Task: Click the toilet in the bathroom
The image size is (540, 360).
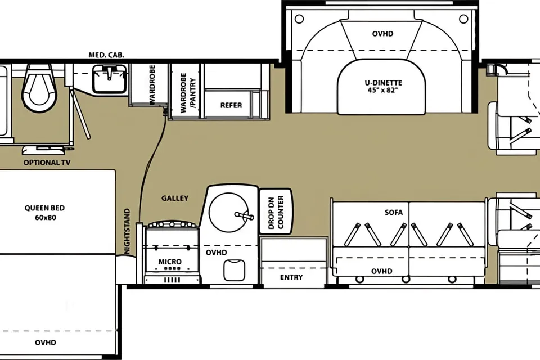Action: [39, 87]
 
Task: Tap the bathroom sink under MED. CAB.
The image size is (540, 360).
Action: [109, 79]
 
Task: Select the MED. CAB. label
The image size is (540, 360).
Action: [106, 55]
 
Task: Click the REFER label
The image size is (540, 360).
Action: [231, 105]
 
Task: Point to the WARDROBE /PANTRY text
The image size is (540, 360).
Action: [188, 93]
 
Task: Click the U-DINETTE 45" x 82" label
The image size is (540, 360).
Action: [383, 87]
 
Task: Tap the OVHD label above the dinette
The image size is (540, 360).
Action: [382, 34]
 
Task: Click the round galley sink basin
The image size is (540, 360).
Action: [228, 212]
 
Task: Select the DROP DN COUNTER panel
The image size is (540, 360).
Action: [276, 211]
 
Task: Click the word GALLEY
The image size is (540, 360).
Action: [175, 198]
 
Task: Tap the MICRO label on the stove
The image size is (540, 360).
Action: [170, 262]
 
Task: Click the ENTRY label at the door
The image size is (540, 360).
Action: [291, 277]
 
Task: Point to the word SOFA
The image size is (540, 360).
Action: [394, 212]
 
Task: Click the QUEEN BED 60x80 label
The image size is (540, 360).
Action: [45, 213]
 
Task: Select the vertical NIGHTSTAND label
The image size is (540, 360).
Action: [127, 231]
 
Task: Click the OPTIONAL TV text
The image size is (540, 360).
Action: [47, 163]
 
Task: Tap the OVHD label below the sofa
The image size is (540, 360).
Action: [381, 271]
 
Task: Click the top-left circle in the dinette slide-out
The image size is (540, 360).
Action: [299, 19]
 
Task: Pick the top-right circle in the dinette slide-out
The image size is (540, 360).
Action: [463, 19]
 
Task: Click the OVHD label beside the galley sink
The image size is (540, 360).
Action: [216, 253]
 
